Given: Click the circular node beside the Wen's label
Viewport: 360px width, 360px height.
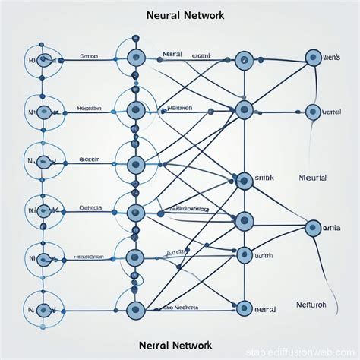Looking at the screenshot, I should pos(313,58).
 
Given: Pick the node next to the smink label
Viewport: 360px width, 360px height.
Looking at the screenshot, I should pos(244,181).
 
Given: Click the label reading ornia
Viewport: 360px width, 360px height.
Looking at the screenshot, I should pos(332,226).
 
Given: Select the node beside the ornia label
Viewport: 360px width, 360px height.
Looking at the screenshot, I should pos(312,226).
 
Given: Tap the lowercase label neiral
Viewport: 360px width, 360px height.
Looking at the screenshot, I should pos(265,309).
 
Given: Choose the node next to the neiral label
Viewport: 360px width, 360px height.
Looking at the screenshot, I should pos(244,308).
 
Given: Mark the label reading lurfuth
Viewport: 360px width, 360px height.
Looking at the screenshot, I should pos(265,255).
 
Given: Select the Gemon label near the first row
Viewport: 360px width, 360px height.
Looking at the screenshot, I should pos(90,56).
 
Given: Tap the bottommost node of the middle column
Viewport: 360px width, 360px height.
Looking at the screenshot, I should pos(135,309).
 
